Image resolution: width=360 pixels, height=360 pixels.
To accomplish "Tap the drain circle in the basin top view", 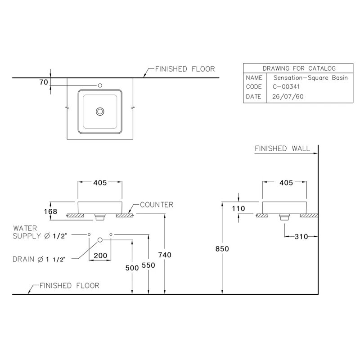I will tap(100, 111).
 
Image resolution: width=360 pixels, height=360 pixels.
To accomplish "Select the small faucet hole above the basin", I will tap(100, 85).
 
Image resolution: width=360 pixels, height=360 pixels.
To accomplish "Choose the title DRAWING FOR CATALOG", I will tap(299, 68).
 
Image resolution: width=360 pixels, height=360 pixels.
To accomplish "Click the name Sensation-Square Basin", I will tap(304, 77).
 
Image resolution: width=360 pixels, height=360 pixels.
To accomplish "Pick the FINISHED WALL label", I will tap(283, 148).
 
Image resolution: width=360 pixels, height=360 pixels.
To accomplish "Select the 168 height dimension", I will tap(50, 211).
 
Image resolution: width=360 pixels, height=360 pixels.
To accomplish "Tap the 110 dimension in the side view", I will tap(238, 209).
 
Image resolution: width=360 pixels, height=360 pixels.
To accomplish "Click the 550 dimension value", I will tap(148, 265).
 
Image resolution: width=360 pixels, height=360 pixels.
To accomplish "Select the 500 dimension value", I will tap(132, 268).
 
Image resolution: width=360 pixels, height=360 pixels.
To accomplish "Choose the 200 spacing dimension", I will tap(100, 256).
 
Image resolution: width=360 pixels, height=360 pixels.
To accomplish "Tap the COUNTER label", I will tap(157, 205).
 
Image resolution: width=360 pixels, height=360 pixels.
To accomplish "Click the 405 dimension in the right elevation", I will tap(285, 183).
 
